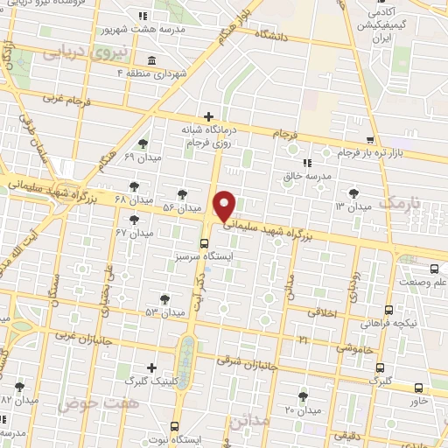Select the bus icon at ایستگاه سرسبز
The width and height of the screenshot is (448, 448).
coord(204,242)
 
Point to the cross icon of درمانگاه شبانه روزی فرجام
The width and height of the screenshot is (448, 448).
coord(208,116)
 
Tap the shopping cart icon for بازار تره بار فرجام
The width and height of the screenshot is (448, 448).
coord(371,140)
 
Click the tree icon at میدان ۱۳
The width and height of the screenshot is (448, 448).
coord(353,192)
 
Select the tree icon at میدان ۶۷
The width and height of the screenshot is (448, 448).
coord(133,220)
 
